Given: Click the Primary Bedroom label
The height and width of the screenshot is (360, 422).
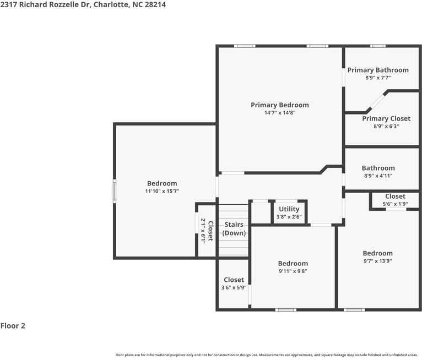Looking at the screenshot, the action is [x=280, y=105].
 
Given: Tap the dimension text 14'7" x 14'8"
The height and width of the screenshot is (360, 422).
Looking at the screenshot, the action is [x=280, y=113].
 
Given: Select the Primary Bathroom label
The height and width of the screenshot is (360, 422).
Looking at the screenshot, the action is [x=378, y=70].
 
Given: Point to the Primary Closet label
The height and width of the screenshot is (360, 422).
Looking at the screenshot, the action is [x=386, y=118].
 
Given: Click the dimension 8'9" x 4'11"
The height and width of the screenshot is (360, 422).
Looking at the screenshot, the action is [x=378, y=176].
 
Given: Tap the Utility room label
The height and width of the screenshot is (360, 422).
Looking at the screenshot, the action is [x=289, y=209].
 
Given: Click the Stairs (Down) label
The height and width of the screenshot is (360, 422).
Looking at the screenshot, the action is [x=234, y=229].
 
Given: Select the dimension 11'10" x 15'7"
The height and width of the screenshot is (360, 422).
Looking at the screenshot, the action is [x=162, y=191].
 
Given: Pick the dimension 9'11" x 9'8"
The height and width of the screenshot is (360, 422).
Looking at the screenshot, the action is [x=293, y=271].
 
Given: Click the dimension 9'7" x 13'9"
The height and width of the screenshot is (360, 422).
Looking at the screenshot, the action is [x=377, y=261].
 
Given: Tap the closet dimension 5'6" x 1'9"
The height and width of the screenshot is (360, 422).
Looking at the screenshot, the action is [x=395, y=204].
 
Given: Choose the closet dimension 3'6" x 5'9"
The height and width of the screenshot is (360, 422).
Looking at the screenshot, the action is [x=234, y=287].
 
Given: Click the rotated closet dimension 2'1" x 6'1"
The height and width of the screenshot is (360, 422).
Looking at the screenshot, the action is [x=203, y=231].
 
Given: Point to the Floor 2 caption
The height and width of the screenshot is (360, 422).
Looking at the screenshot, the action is [x=13, y=326].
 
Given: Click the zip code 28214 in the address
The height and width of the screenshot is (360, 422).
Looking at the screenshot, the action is [x=155, y=4].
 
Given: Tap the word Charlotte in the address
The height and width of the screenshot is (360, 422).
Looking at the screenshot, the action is [x=111, y=4].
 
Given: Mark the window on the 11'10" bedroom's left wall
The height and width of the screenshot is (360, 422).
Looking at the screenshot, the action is [x=115, y=191].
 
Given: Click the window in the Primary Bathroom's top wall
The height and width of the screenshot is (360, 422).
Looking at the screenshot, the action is [x=377, y=46].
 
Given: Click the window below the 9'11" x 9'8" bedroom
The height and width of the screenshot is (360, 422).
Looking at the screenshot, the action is [x=285, y=310].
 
